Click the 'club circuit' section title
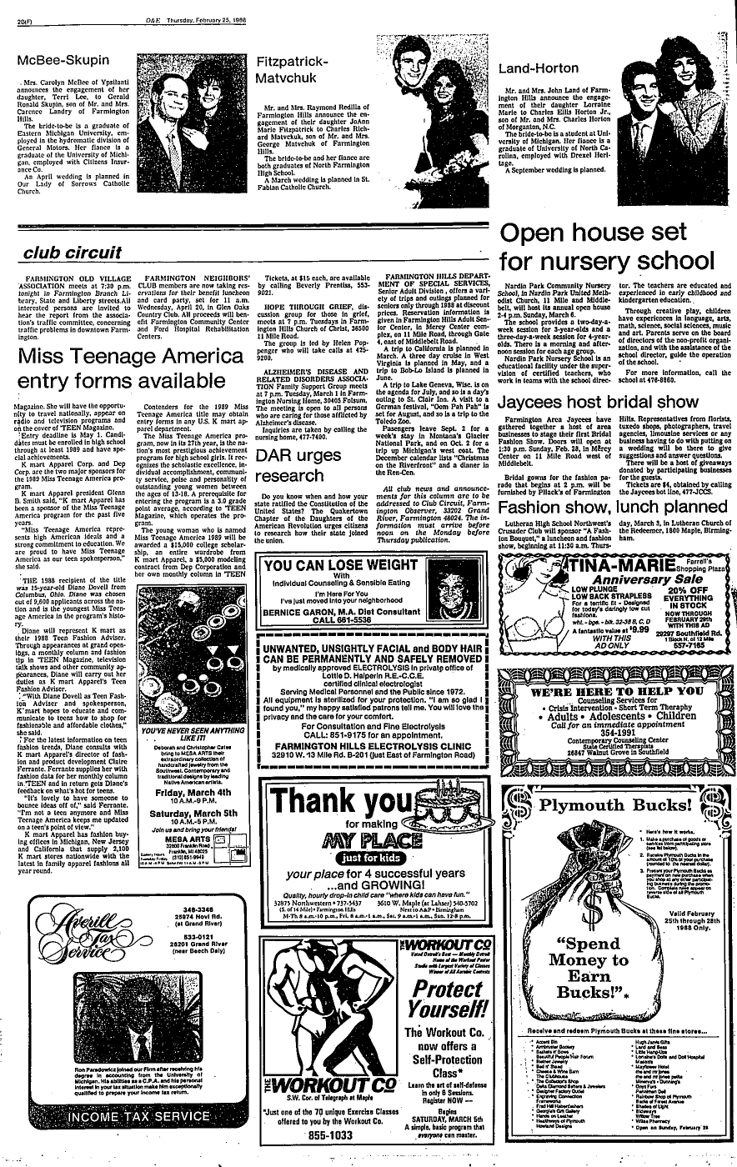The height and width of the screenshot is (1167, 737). tap(63, 249)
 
